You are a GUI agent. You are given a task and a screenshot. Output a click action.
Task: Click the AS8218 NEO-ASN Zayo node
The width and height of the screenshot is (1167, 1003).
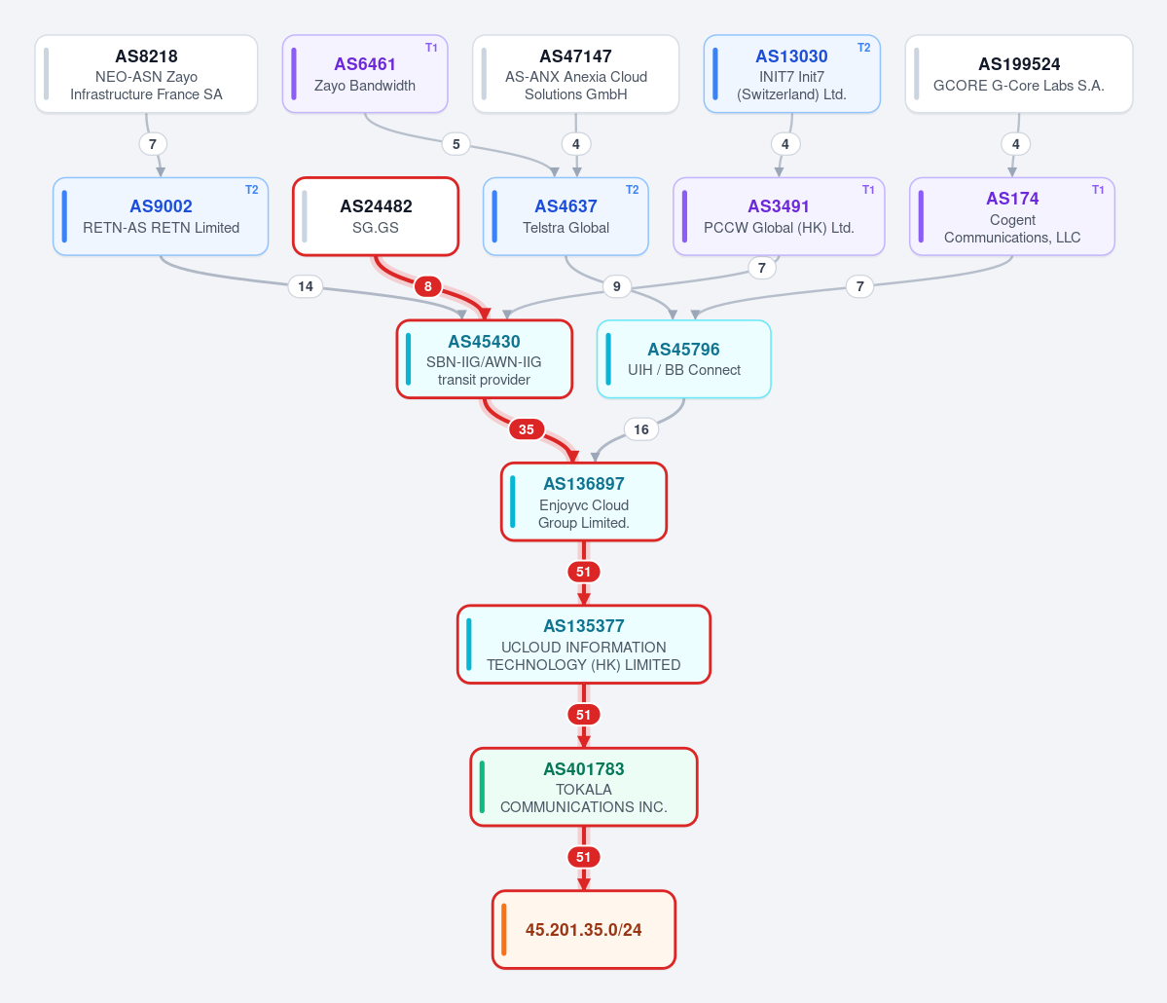click(146, 74)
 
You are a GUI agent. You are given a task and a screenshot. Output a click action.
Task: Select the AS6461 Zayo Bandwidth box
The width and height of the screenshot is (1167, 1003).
click(365, 74)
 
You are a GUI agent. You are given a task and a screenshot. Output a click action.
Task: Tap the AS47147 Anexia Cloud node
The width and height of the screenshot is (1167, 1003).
click(575, 74)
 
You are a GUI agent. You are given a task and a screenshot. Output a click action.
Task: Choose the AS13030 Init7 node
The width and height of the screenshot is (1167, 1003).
click(792, 74)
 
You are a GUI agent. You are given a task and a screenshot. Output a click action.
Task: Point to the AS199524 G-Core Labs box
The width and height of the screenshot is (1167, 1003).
click(1019, 74)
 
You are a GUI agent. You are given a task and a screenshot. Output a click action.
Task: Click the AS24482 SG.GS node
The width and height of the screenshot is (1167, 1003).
click(376, 216)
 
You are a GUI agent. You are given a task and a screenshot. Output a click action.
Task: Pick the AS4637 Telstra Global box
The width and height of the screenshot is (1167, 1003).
click(565, 216)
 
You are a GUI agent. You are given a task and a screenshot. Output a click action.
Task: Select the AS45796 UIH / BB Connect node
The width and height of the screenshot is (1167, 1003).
click(684, 359)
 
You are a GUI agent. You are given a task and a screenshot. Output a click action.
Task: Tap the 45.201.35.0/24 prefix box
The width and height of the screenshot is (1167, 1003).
click(584, 929)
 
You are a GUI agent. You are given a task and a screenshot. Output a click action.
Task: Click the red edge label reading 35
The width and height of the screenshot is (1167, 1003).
click(527, 428)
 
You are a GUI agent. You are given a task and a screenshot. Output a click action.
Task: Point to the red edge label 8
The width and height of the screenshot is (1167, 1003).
click(428, 286)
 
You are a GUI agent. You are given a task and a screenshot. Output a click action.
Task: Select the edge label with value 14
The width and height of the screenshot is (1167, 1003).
click(306, 286)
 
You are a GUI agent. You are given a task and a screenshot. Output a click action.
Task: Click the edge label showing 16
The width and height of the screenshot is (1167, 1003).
click(640, 428)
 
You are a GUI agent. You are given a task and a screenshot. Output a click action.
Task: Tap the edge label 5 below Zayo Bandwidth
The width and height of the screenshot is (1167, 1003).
click(456, 144)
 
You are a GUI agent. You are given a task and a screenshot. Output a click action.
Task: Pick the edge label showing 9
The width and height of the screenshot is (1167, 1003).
click(616, 286)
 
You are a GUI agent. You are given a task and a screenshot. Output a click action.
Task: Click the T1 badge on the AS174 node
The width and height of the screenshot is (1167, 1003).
click(1098, 190)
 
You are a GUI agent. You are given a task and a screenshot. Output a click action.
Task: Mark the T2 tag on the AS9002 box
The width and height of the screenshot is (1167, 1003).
click(251, 190)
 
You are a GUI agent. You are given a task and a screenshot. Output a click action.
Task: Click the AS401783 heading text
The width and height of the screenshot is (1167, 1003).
click(584, 768)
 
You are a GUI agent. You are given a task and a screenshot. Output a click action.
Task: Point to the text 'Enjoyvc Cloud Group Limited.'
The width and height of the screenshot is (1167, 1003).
click(584, 514)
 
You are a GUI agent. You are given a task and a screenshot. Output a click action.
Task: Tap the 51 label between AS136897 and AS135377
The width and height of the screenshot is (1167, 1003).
click(584, 572)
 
